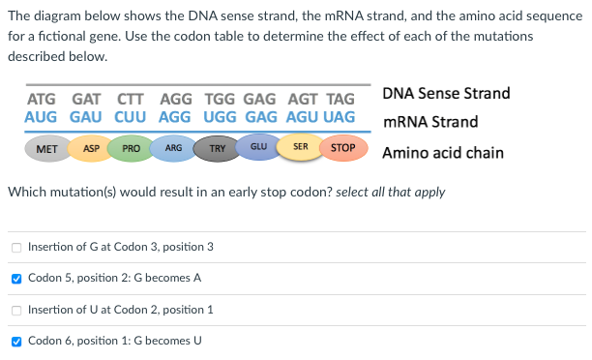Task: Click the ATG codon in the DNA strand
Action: [x=42, y=99]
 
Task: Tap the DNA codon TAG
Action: [x=340, y=99]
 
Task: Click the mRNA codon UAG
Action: [x=340, y=116]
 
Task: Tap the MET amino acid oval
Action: [x=45, y=149]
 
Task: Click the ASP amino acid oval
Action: [x=92, y=149]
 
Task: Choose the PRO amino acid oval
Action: [x=133, y=149]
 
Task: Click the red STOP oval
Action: [x=342, y=149]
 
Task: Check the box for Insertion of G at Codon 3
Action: [x=15, y=247]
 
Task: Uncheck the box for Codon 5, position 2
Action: [x=15, y=278]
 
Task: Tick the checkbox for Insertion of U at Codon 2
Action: [x=15, y=310]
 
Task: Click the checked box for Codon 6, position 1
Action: [x=15, y=341]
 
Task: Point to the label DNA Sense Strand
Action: [x=446, y=94]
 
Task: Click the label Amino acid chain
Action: [x=442, y=153]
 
